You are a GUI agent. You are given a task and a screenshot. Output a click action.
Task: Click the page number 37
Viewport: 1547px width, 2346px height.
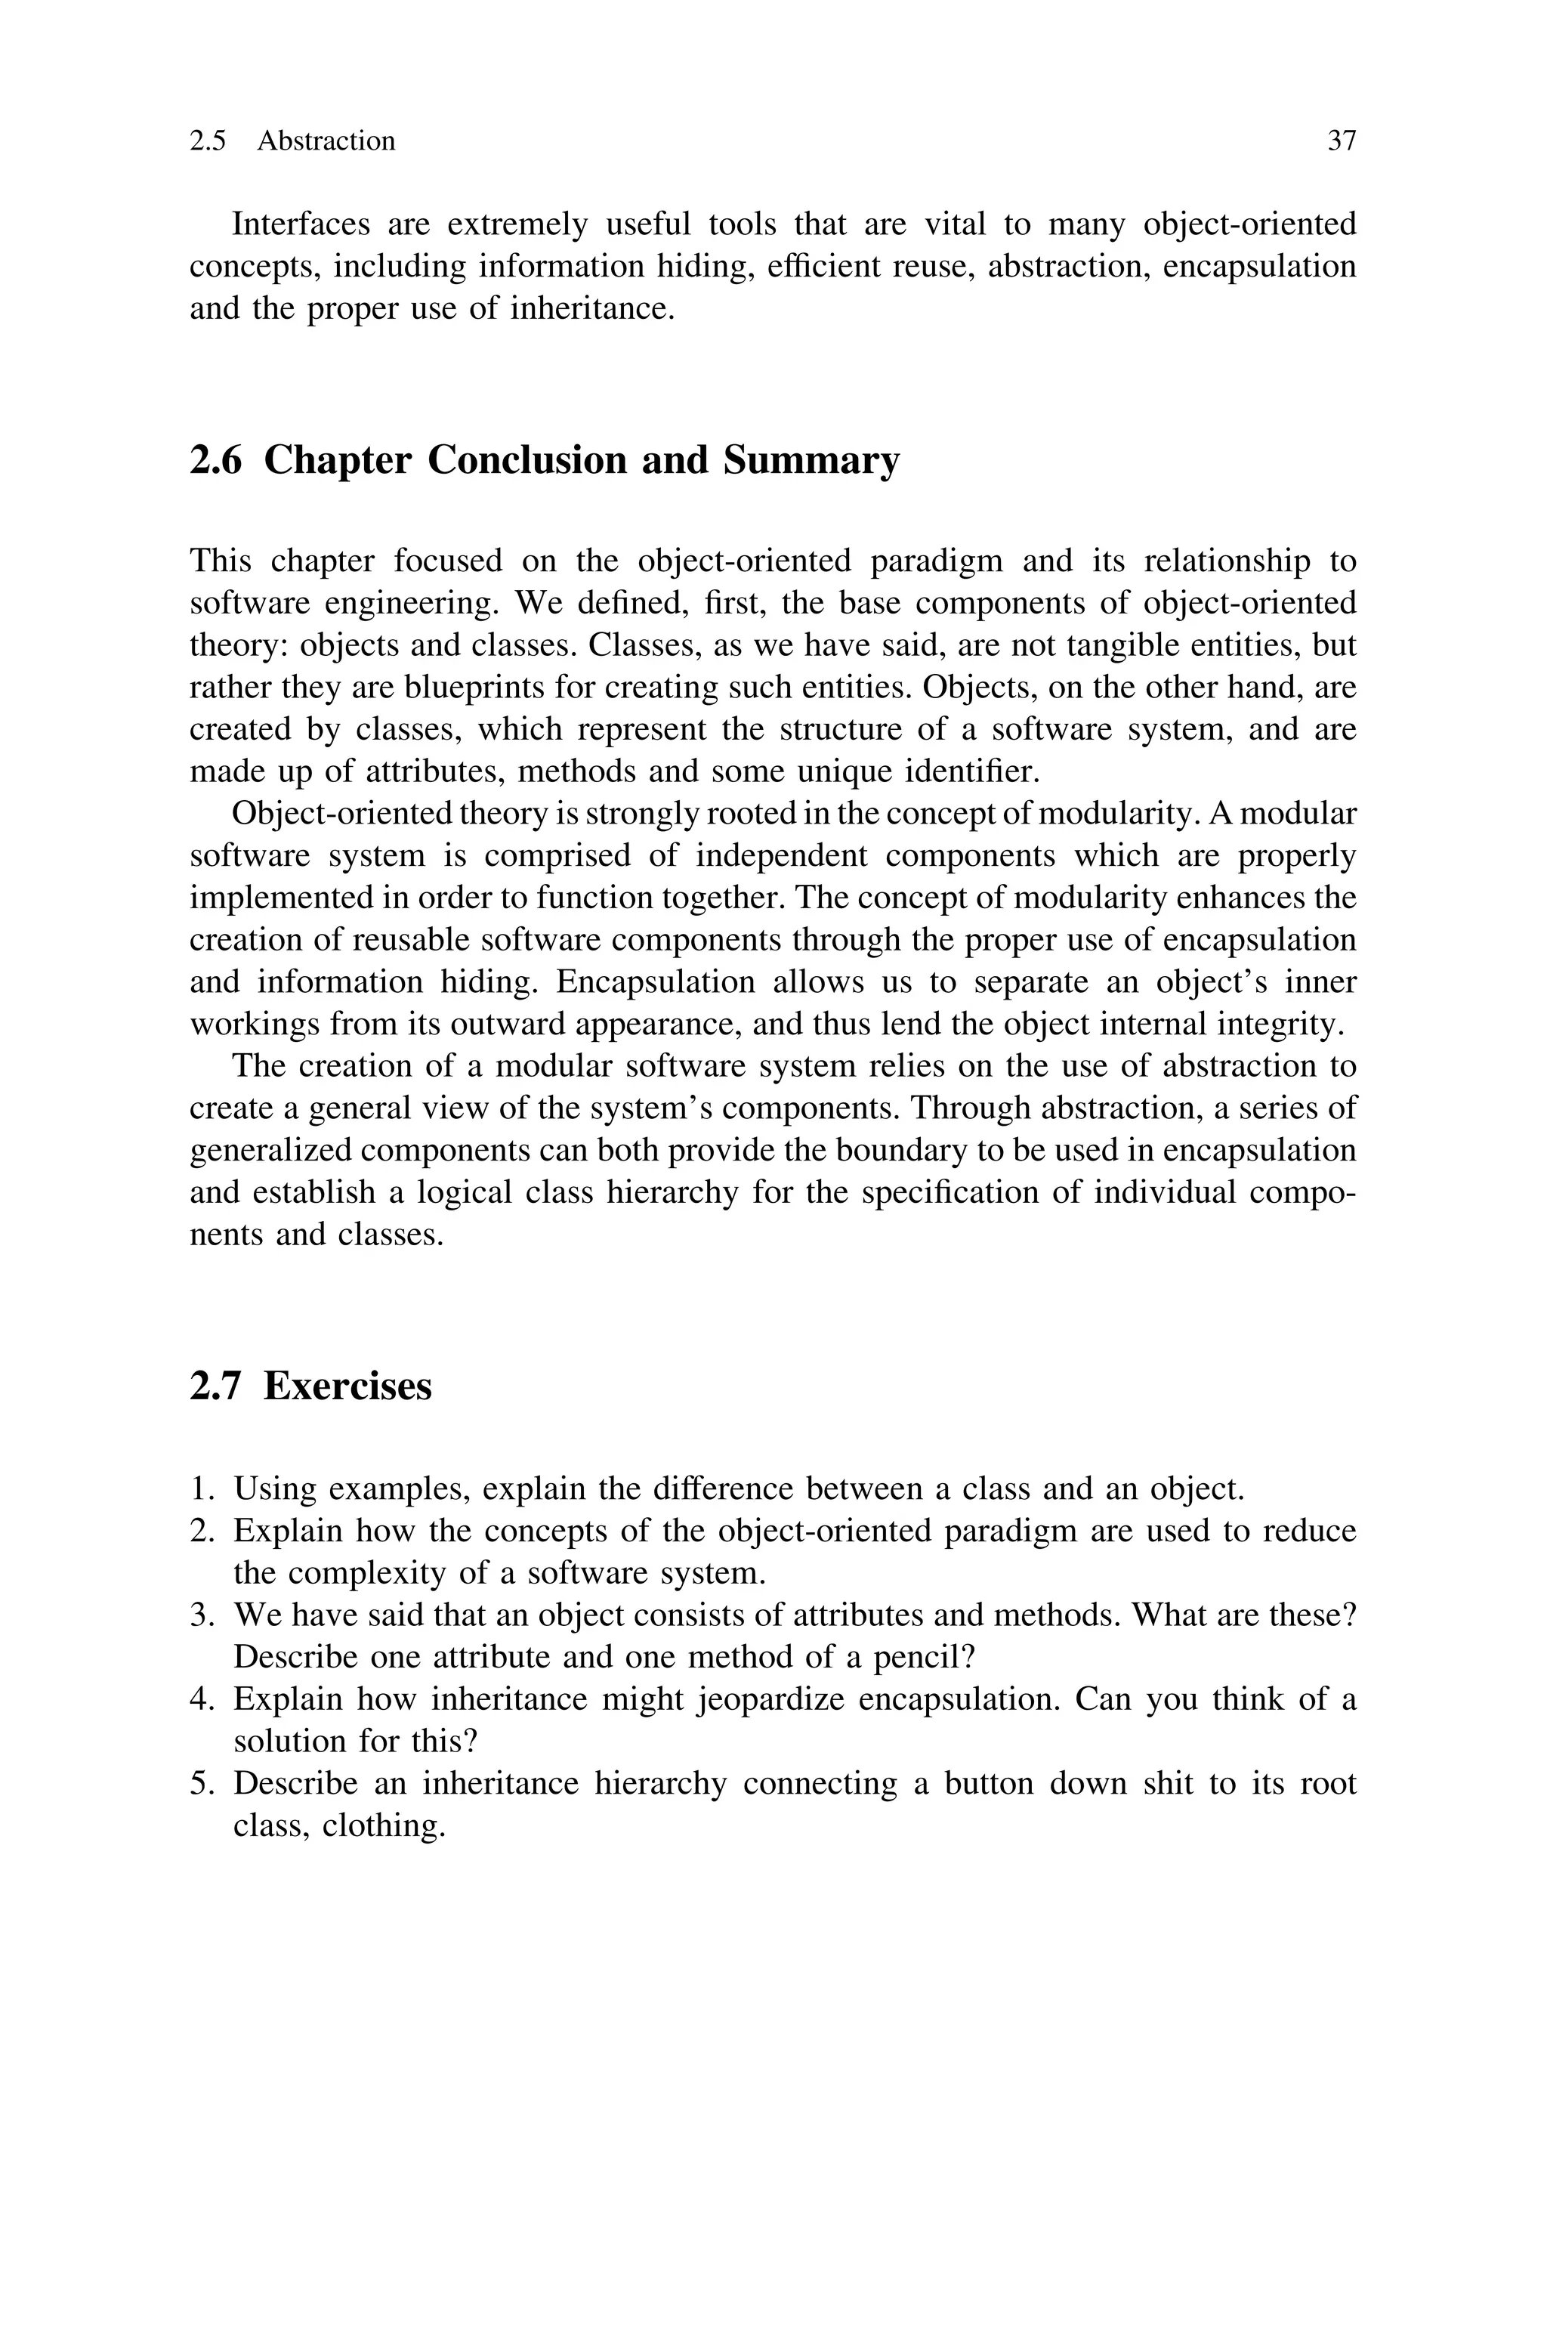click(1341, 141)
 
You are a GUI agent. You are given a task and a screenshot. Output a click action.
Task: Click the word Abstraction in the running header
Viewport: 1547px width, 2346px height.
click(326, 141)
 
